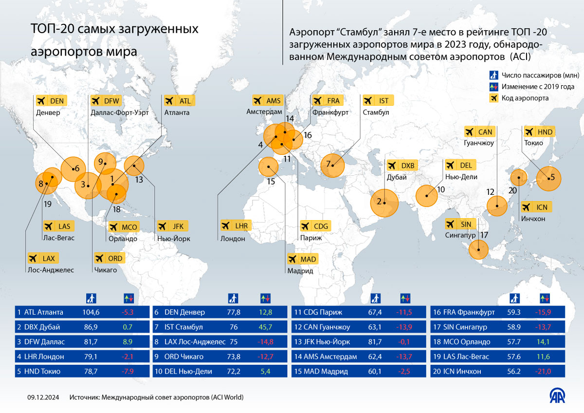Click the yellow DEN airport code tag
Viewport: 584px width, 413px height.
click(x=51, y=100)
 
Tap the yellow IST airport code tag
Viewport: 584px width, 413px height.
click(x=378, y=100)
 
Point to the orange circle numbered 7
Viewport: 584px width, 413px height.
click(x=332, y=165)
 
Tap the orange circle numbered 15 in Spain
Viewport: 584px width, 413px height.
click(x=267, y=167)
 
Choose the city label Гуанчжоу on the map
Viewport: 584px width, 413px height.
click(x=479, y=144)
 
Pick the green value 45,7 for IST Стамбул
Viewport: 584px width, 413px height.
click(x=264, y=327)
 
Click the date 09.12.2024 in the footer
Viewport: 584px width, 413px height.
click(x=43, y=397)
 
